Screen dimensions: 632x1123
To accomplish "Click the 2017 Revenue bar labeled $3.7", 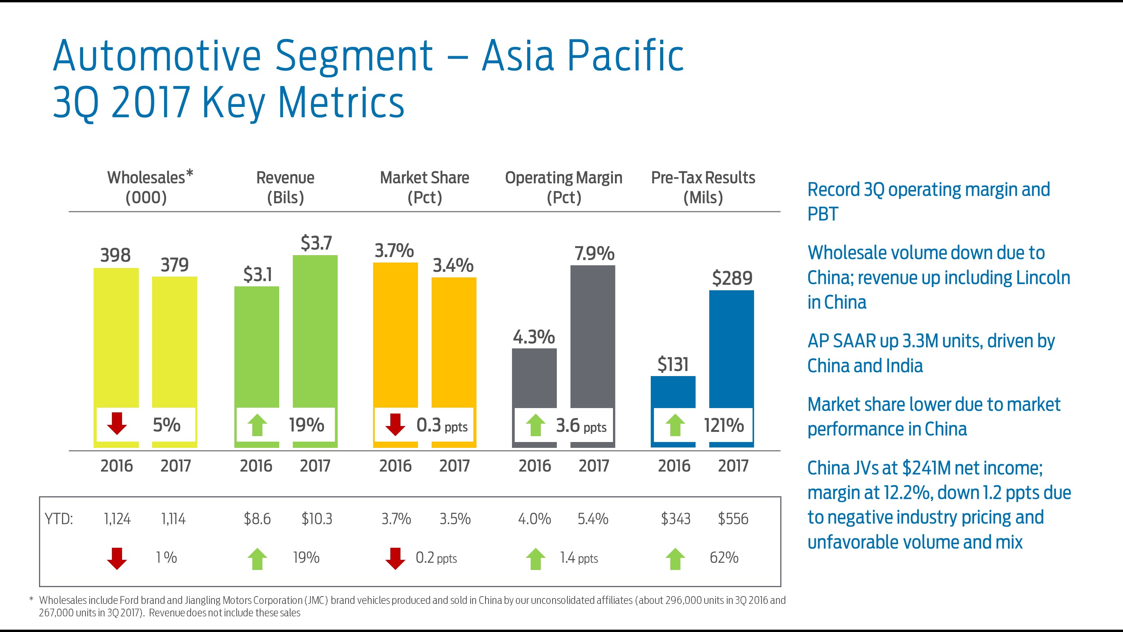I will coord(315,332).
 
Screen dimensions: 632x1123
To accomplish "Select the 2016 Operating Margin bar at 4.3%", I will coord(534,378).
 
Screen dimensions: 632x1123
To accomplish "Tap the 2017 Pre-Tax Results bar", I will coord(731,349).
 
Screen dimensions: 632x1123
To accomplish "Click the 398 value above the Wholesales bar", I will coord(115,255).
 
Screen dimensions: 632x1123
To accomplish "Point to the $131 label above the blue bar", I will coord(673,364).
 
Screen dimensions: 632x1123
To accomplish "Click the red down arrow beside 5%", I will coord(117,424).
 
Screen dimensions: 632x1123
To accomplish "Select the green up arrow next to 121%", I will coord(675,425).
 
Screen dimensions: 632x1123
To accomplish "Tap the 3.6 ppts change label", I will coord(581,426).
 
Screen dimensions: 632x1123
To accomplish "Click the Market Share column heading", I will coord(424,187).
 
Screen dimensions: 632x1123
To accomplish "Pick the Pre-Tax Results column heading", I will coord(703,187).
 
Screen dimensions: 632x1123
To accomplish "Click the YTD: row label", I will coord(59,519).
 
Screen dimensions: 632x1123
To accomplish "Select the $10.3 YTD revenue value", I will coord(317,519).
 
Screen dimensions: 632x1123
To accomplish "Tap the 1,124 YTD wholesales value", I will coord(117,519).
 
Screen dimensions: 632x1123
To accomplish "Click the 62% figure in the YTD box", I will coord(724,557).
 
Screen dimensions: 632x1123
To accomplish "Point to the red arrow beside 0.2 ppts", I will coord(395,559).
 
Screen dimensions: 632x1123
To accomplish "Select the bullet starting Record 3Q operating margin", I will coord(928,202).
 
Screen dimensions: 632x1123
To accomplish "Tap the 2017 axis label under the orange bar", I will coord(454,466).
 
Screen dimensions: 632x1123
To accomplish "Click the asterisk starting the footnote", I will coord(31,600).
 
